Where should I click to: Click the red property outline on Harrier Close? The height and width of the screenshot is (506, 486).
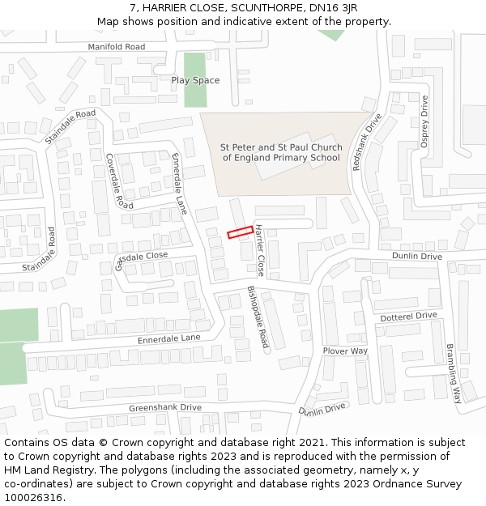[239, 232]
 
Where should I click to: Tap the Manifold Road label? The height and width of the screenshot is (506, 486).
[117, 47]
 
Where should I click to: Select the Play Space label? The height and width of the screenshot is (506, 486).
[195, 80]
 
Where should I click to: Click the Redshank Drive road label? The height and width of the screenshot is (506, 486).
[367, 141]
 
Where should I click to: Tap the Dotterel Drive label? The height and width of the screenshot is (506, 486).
[408, 316]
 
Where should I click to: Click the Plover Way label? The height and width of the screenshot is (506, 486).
[345, 351]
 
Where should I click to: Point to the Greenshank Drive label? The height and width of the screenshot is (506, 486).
[165, 407]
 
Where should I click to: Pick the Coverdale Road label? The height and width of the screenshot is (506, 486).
[119, 181]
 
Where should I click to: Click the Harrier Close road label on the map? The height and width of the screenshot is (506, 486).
[260, 249]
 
